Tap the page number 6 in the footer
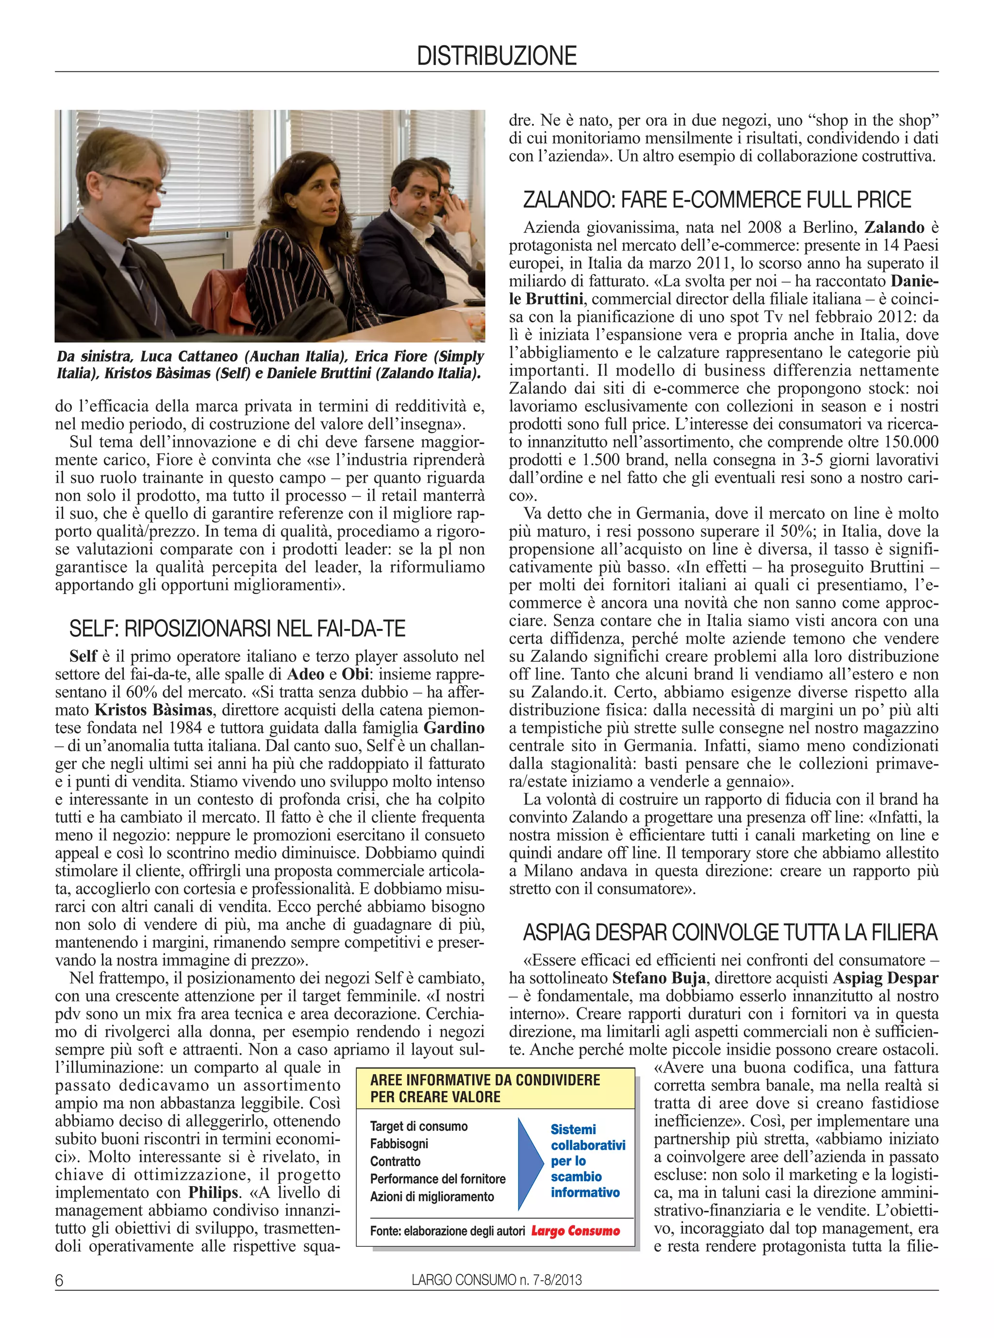click(x=59, y=1280)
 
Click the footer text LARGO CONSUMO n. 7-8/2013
click(x=497, y=1280)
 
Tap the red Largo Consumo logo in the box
click(x=575, y=1231)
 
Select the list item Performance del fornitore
click(x=437, y=1179)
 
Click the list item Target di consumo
click(x=418, y=1126)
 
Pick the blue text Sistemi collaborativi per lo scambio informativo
click(x=587, y=1161)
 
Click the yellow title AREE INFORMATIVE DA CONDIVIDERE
click(x=485, y=1080)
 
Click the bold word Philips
click(x=213, y=1192)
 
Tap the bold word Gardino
click(x=454, y=728)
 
